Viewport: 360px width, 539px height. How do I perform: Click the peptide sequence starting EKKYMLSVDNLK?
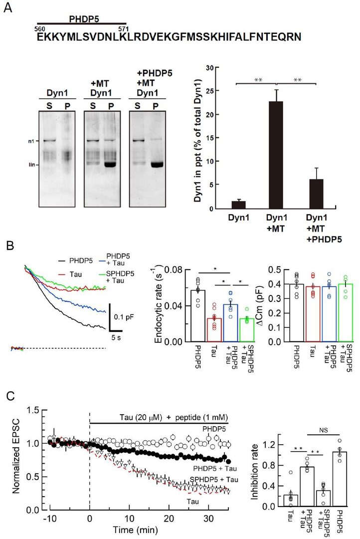[169, 37]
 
